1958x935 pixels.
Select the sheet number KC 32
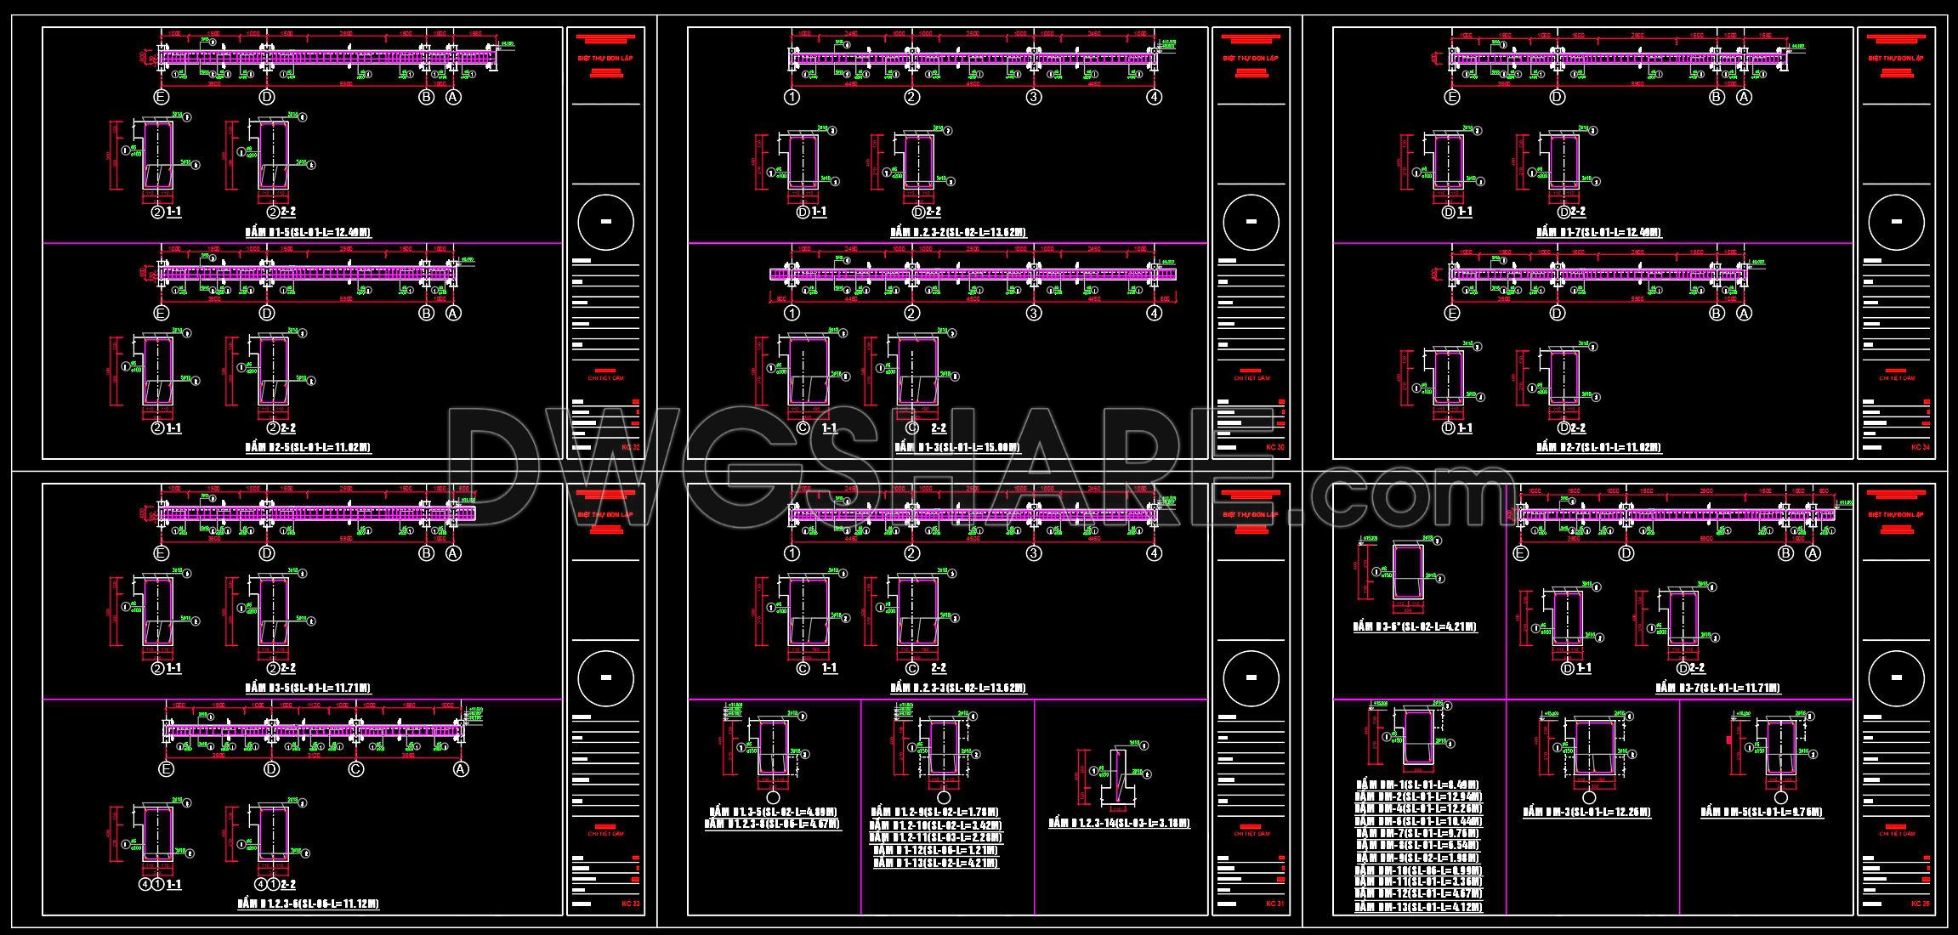pyautogui.click(x=631, y=446)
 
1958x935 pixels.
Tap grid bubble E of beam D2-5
pyautogui.click(x=162, y=313)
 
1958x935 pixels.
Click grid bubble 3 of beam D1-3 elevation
pyautogui.click(x=1033, y=313)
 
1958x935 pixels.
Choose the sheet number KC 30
pyautogui.click(x=1275, y=446)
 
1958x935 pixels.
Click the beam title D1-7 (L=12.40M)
pyautogui.click(x=1599, y=232)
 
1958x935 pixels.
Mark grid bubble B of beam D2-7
pyautogui.click(x=1717, y=313)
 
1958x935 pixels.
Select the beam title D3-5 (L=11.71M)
pyautogui.click(x=308, y=688)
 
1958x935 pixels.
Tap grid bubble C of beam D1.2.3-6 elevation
pyautogui.click(x=356, y=769)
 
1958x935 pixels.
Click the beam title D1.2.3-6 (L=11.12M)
pyautogui.click(x=308, y=904)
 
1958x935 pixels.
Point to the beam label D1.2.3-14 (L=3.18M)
pyautogui.click(x=1119, y=823)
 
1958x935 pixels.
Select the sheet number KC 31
pyautogui.click(x=1275, y=903)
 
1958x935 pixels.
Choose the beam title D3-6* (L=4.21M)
pyautogui.click(x=1415, y=627)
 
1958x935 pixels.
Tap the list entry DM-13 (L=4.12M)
pyautogui.click(x=1418, y=908)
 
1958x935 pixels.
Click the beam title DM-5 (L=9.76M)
pyautogui.click(x=1762, y=813)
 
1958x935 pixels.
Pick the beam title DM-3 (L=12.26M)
pyautogui.click(x=1586, y=813)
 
